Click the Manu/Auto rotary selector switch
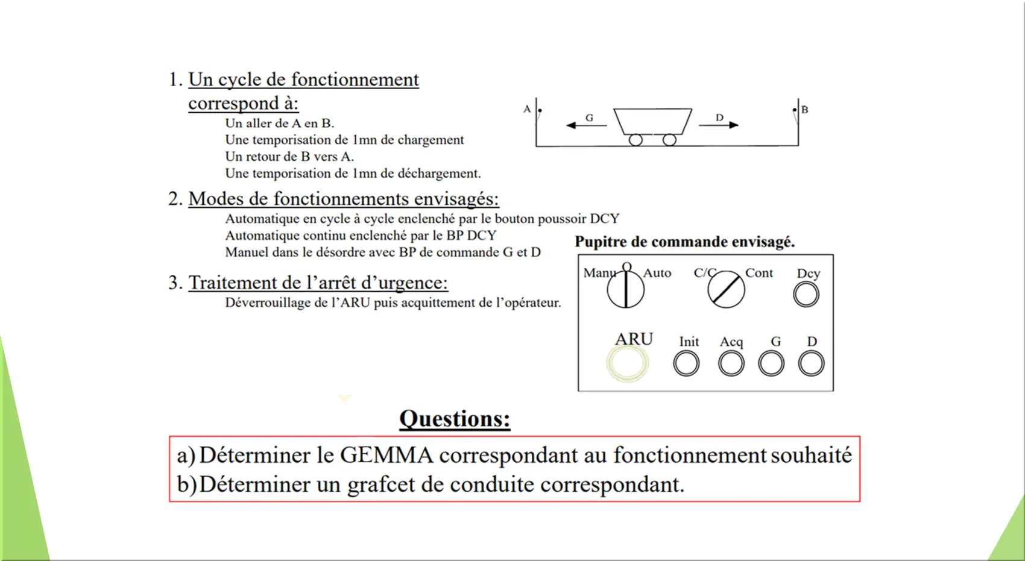pyautogui.click(x=625, y=289)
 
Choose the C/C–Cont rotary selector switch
pyautogui.click(x=726, y=289)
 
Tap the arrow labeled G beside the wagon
pyautogui.click(x=586, y=125)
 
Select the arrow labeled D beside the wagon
pyautogui.click(x=719, y=125)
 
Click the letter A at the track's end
pyautogui.click(x=527, y=109)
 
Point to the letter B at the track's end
pyautogui.click(x=805, y=110)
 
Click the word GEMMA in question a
pyautogui.click(x=386, y=455)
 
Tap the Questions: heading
pyautogui.click(x=455, y=418)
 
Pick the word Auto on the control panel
pyautogui.click(x=657, y=273)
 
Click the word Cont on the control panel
pyautogui.click(x=758, y=273)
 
